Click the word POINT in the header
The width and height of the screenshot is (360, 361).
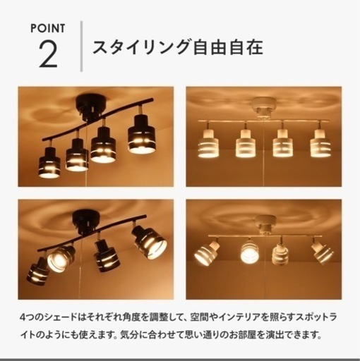pos(48,28)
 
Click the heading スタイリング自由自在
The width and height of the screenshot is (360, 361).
pos(178,47)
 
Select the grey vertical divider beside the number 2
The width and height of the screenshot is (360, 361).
pos(81,47)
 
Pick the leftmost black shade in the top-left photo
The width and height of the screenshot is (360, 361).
pos(49,163)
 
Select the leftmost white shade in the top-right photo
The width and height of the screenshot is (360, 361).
pos(208,144)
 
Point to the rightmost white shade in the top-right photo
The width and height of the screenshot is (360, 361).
pos(320,144)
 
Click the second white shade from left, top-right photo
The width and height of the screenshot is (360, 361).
pos(245,144)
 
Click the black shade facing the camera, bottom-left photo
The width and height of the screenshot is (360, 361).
pos(61,258)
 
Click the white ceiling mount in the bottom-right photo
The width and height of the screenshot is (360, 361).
pos(266,222)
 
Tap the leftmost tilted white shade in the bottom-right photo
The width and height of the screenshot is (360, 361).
pos(207,252)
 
